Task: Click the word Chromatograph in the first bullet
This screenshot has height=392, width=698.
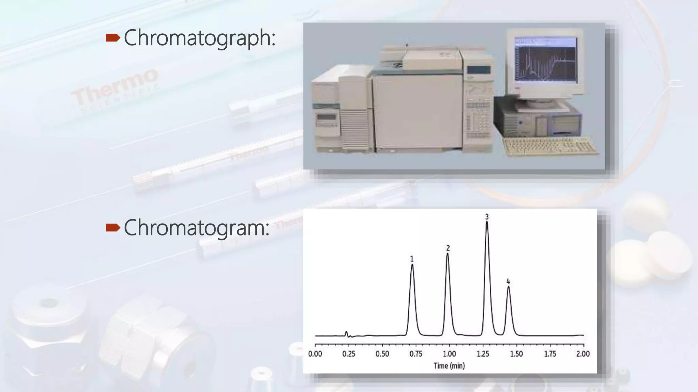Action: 199,38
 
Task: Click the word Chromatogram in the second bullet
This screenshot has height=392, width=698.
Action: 196,228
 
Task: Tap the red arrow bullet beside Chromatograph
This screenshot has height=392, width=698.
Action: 113,38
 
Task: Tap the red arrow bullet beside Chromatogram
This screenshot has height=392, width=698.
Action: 113,227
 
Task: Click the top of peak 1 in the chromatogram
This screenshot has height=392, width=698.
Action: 412,265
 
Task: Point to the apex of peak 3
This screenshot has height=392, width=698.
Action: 487,222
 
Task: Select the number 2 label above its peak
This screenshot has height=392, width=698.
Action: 448,248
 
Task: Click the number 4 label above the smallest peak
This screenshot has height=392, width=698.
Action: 508,281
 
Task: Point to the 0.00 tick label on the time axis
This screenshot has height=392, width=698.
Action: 315,354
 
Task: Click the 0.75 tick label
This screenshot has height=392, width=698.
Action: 416,354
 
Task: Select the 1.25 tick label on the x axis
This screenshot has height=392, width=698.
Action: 483,354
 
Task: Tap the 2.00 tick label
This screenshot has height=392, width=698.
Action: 583,354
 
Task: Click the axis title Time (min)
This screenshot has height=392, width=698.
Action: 449,366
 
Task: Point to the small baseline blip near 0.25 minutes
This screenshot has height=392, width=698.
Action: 347,333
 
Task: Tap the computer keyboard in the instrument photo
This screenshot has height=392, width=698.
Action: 551,146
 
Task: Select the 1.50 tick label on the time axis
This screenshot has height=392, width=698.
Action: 516,354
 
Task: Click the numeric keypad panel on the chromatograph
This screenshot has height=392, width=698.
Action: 478,119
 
